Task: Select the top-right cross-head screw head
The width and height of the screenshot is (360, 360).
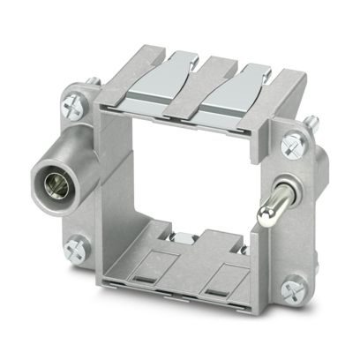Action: pos(291,142)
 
